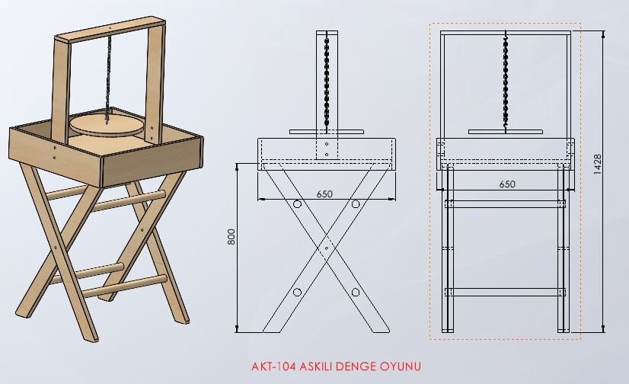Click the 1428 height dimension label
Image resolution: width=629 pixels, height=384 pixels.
pos(597,164)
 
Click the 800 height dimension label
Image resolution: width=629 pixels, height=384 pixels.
pos(231,237)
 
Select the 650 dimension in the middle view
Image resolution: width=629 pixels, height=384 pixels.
pos(324,194)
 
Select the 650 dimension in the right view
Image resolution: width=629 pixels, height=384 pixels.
pos(507,184)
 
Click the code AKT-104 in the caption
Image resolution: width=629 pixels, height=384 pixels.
pos(274,366)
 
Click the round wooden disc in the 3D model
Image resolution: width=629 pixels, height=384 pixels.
pos(107,125)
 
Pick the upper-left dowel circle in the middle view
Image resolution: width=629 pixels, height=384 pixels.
pos(297,204)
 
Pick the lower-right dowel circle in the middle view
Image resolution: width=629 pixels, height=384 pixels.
pos(356,292)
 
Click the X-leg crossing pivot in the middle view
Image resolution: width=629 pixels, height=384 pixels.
pos(327,248)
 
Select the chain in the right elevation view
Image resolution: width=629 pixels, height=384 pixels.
pos(505,80)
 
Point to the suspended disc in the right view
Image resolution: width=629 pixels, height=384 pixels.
pos(506,132)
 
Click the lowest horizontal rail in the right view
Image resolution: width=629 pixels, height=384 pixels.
pos(506,292)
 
